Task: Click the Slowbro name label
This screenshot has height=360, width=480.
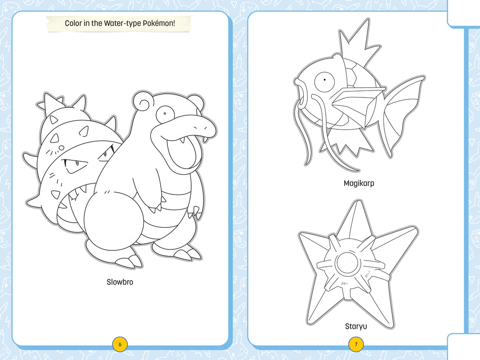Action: pos(120,282)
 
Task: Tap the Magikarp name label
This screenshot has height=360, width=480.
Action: pos(359,183)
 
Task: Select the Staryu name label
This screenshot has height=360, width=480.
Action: pos(356,326)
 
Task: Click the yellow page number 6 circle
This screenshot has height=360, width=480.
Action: pos(120,345)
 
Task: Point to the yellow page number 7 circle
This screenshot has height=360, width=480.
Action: pos(356,345)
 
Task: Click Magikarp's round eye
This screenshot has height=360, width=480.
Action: pos(323,82)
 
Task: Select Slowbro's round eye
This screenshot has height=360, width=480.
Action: pos(165,113)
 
